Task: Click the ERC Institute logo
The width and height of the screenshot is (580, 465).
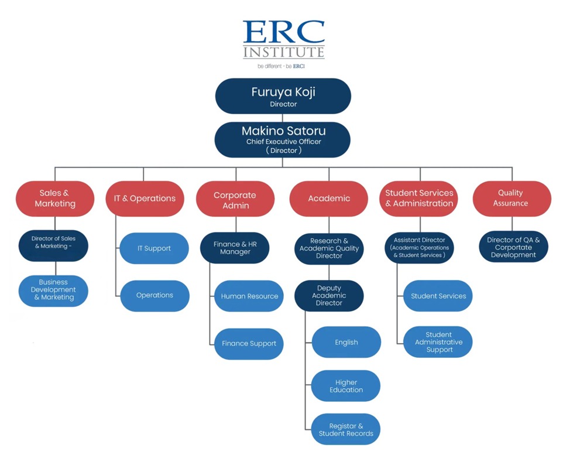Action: tap(283, 39)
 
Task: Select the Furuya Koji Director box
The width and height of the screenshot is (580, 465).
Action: tap(283, 95)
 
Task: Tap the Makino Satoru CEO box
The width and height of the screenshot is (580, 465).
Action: tap(283, 139)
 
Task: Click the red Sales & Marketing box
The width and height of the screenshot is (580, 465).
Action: tap(55, 199)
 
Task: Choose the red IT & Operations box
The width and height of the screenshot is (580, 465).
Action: tap(145, 199)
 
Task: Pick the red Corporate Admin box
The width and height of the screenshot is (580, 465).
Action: tap(235, 199)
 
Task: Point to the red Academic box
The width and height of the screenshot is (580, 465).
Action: tap(328, 199)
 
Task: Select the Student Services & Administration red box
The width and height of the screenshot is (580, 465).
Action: tap(419, 199)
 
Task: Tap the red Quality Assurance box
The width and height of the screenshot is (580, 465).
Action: tap(512, 199)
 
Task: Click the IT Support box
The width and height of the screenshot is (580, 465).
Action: tap(154, 248)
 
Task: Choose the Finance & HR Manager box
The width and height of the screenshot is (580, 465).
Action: tap(235, 248)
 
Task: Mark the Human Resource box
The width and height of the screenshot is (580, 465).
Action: tap(249, 296)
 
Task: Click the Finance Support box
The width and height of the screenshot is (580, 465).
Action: tap(249, 344)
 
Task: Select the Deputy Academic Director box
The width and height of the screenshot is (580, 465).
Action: tap(328, 296)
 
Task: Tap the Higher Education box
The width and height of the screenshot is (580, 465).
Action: tap(346, 386)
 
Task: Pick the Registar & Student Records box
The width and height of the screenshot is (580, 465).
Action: tap(346, 430)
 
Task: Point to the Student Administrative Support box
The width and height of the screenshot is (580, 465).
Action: tap(438, 342)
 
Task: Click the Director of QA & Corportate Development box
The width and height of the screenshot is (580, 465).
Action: tap(513, 247)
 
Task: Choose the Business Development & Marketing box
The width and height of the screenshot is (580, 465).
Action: tap(53, 290)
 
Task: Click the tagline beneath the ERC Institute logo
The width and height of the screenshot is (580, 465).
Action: tap(281, 67)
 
